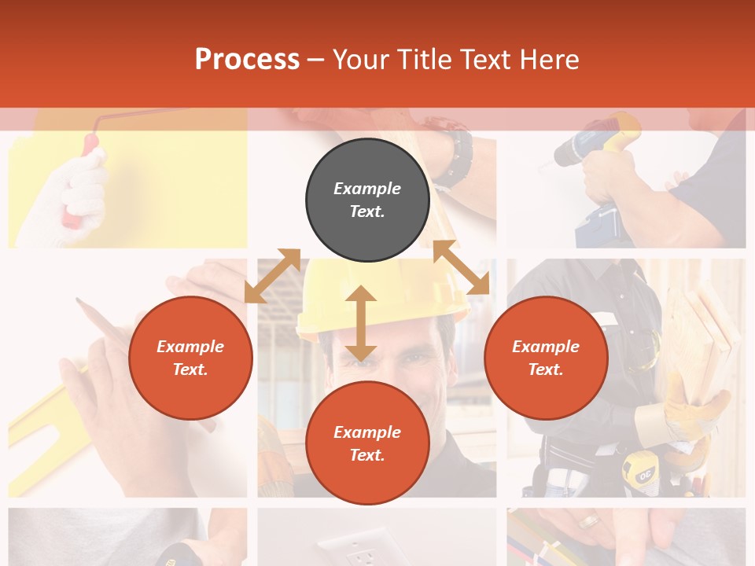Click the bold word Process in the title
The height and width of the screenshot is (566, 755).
(x=247, y=60)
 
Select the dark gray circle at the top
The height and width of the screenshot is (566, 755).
(x=367, y=200)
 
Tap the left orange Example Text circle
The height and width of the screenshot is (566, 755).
(x=190, y=358)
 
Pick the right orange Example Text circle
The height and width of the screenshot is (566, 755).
(x=546, y=358)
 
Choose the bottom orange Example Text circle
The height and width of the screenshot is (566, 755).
(x=367, y=443)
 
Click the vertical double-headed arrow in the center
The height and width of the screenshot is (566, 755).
(x=360, y=324)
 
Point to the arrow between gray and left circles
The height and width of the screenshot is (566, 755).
(x=272, y=275)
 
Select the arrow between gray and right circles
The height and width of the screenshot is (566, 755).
(x=461, y=267)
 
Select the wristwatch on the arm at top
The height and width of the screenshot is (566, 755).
(x=455, y=157)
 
